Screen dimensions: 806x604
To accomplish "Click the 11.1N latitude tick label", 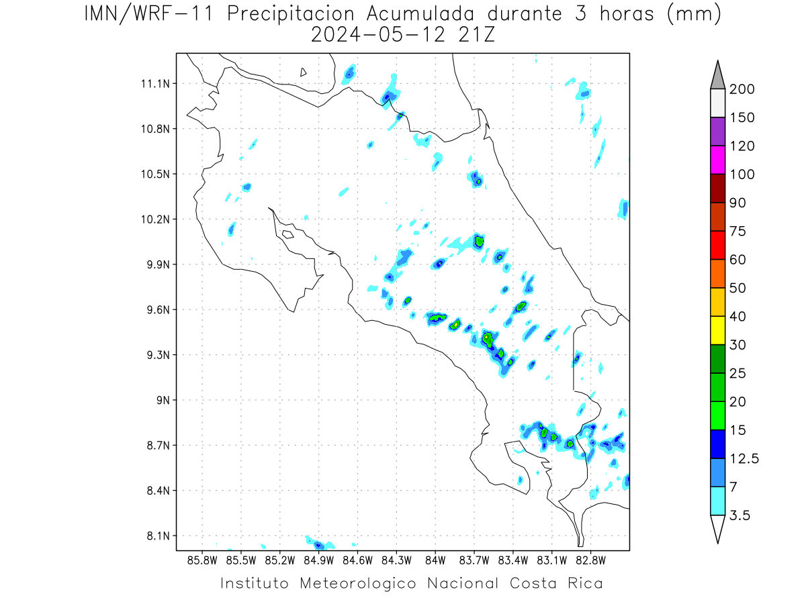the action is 155,84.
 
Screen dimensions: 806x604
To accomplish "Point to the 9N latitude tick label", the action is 163,400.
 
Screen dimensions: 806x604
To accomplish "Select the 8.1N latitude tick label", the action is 159,536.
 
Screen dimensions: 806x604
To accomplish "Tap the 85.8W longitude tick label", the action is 202,561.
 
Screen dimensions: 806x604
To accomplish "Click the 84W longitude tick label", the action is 435,561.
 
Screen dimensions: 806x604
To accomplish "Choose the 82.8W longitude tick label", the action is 590,561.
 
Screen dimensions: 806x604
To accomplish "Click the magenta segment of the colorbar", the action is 717,160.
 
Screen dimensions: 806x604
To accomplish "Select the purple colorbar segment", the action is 717,132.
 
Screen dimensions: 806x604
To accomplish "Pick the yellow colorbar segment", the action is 717,330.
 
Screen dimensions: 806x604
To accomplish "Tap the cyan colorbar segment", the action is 717,501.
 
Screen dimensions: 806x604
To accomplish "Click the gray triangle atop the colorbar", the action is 717,78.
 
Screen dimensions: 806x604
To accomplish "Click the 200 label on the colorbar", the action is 742,89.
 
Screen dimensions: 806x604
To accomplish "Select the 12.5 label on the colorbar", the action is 744,459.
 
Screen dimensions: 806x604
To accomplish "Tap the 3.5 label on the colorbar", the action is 740,515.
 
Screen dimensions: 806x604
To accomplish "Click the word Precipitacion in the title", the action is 290,15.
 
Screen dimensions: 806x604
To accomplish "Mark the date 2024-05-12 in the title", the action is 378,35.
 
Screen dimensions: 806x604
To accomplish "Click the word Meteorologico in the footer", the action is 358,583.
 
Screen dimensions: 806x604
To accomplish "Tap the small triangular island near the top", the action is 303,72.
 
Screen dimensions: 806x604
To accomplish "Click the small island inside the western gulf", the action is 288,234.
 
